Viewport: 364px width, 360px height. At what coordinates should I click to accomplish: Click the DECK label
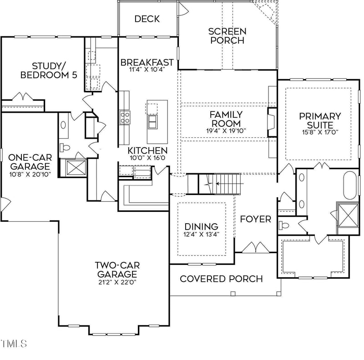tap(147, 19)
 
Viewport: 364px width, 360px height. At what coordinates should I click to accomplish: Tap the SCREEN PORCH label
tap(227, 36)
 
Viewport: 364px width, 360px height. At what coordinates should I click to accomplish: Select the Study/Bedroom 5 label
tap(48, 70)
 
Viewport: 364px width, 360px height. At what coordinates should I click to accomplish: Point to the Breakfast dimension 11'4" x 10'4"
tap(147, 70)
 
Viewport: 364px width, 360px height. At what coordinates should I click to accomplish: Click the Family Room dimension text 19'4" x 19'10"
tap(226, 131)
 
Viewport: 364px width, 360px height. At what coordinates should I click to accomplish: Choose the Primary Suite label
tap(320, 120)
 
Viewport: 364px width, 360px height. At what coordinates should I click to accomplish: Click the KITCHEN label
tap(147, 150)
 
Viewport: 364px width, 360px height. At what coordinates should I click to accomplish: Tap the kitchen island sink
tap(153, 121)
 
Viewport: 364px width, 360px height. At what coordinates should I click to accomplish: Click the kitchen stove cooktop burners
tap(125, 117)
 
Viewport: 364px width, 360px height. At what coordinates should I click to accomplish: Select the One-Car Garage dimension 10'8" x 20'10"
tap(30, 174)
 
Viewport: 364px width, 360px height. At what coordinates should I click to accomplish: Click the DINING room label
tap(202, 226)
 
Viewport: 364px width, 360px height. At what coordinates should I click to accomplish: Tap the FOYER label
tap(256, 220)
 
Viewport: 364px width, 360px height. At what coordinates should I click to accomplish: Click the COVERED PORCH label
tap(222, 279)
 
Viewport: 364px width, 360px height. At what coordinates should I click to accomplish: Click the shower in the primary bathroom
tap(347, 215)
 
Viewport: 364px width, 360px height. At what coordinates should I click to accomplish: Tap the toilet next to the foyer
tap(284, 225)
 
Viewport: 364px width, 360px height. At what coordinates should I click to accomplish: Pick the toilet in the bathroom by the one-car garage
tap(64, 147)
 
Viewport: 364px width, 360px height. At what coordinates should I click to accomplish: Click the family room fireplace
tap(271, 121)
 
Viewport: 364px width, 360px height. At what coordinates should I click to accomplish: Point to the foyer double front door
tap(255, 249)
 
